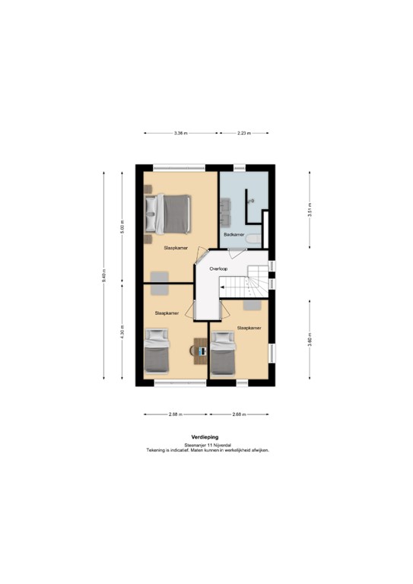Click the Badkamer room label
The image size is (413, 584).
[x=234, y=235]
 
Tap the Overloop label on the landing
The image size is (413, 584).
[x=219, y=268]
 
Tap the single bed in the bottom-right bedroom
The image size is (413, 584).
[x=224, y=354]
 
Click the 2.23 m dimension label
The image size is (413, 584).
[x=243, y=133]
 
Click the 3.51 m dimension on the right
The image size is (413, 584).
[x=309, y=209]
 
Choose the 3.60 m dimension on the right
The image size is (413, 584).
[x=309, y=341]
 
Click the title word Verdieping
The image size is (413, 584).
[x=206, y=438]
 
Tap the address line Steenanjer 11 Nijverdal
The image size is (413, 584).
[x=206, y=445]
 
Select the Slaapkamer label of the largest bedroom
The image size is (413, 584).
[x=176, y=248]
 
